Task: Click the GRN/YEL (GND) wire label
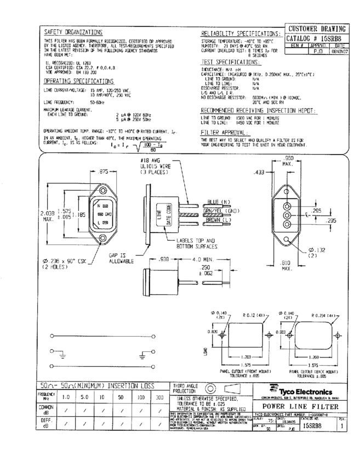[224, 210]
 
